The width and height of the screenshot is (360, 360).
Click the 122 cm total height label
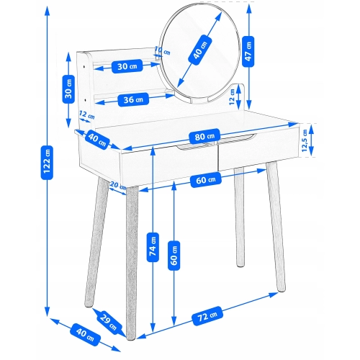pyautogui.click(x=47, y=163)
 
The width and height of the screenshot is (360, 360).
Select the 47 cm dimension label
pyautogui.click(x=248, y=51)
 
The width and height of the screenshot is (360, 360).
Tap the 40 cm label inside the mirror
pyautogui.click(x=199, y=50)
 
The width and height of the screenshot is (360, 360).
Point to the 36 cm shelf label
pyautogui.click(x=133, y=99)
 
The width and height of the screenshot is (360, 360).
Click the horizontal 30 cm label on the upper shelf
pyautogui.click(x=127, y=66)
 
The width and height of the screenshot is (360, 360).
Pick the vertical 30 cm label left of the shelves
pyautogui.click(x=68, y=89)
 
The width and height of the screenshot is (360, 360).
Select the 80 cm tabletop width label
pyautogui.click(x=204, y=136)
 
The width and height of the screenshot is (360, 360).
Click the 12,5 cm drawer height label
pyautogui.click(x=305, y=140)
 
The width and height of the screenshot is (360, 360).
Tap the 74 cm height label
pyautogui.click(x=153, y=247)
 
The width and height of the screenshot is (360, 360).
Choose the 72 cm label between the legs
pyautogui.click(x=207, y=316)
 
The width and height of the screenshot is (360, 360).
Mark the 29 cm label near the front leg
pyautogui.click(x=108, y=322)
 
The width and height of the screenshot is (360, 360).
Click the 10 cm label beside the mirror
pyautogui.click(x=162, y=50)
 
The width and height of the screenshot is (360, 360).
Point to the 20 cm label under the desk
pyautogui.click(x=118, y=185)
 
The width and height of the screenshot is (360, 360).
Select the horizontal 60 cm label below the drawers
pyautogui.click(x=206, y=180)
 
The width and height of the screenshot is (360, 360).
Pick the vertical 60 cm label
pyautogui.click(x=174, y=256)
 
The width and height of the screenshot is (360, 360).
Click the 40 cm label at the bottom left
pyautogui.click(x=85, y=335)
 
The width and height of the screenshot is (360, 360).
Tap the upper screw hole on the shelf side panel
pyautogui.click(x=84, y=66)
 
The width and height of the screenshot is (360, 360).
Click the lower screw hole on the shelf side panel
pyautogui.click(x=85, y=99)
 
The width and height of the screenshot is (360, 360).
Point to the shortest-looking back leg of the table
pyautogui.click(x=239, y=217)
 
